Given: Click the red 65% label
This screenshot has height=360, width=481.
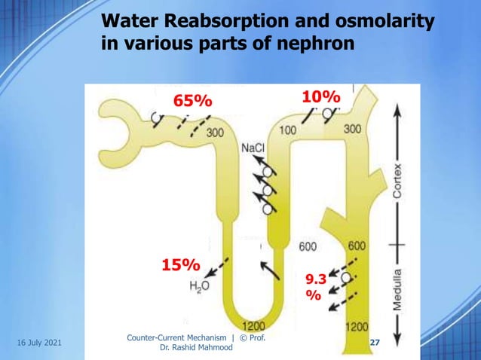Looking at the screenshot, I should (x=193, y=101).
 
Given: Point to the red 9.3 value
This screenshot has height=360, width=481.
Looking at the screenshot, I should (x=315, y=279).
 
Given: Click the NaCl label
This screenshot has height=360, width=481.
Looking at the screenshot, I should (x=253, y=148).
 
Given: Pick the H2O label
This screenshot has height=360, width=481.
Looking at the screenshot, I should (x=200, y=286).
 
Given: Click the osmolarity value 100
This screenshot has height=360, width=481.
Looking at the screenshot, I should (x=287, y=130).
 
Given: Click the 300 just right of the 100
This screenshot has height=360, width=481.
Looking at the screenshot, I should (x=352, y=129).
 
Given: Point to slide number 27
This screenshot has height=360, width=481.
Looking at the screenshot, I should (x=375, y=343).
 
